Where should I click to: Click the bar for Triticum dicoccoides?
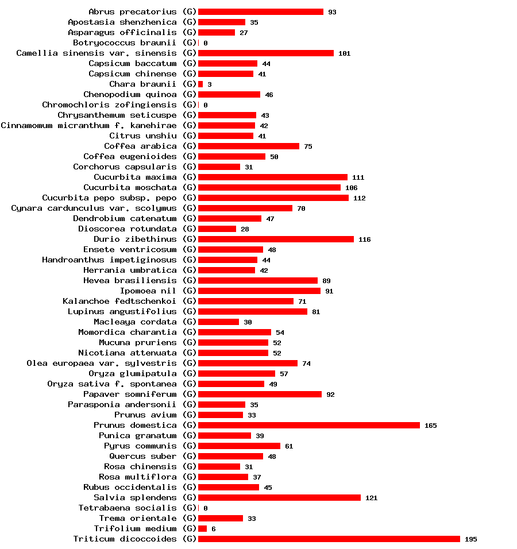click(x=329, y=539)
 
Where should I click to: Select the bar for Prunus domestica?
click(x=309, y=425)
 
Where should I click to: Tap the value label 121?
click(x=371, y=498)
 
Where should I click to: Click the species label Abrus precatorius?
click(x=133, y=11)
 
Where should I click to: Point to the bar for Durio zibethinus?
click(x=276, y=239)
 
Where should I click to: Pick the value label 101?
click(x=344, y=53)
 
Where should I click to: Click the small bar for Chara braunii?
click(x=200, y=84)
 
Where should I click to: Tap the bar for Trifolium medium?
click(x=202, y=528)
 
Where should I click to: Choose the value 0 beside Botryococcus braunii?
click(x=205, y=43)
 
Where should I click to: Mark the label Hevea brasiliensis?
click(x=130, y=280)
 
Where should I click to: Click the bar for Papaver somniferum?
click(x=260, y=394)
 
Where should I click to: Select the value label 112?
click(x=360, y=198)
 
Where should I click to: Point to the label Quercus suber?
click(x=143, y=456)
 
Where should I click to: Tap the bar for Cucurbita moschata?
click(x=269, y=187)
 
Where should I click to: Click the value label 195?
click(x=470, y=539)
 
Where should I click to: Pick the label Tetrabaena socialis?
click(x=128, y=508)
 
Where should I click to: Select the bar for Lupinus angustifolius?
click(x=253, y=311)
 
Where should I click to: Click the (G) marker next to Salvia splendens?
click(x=189, y=497)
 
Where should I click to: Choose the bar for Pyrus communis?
click(x=239, y=446)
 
